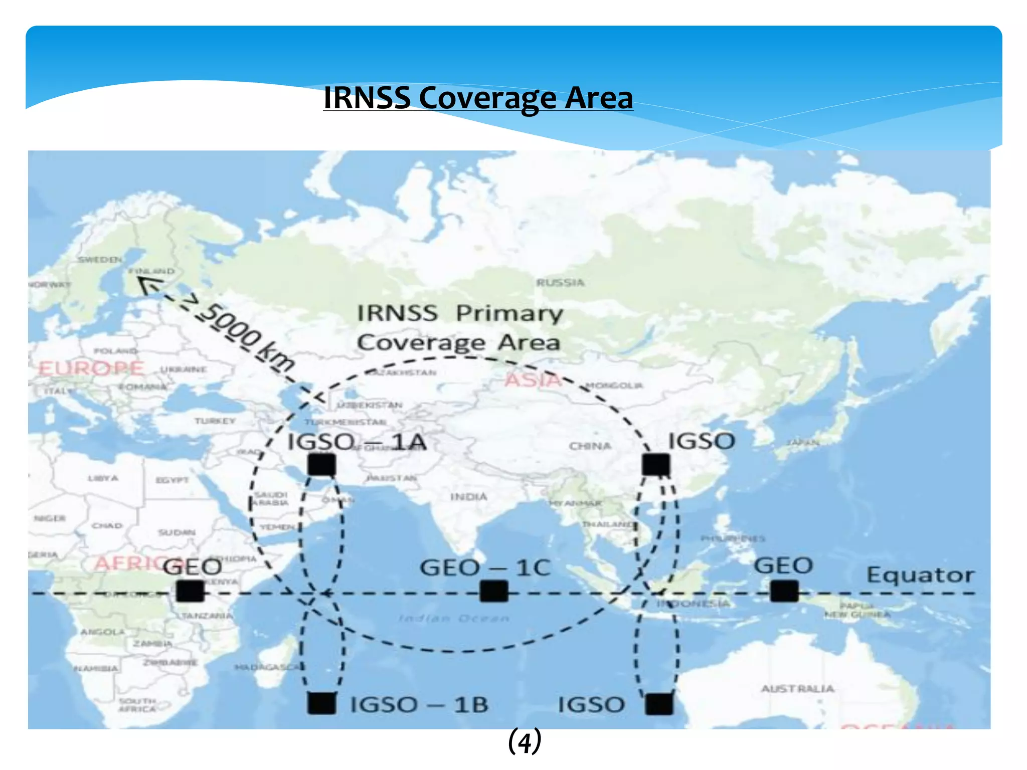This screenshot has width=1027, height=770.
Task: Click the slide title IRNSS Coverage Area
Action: pyautogui.click(x=478, y=97)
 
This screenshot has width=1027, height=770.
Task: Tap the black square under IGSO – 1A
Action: pyautogui.click(x=321, y=465)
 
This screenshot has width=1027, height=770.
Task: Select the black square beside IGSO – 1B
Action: pyautogui.click(x=321, y=703)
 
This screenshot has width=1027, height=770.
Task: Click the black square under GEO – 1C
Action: pyautogui.click(x=494, y=591)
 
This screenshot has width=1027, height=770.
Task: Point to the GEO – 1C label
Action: pyautogui.click(x=485, y=568)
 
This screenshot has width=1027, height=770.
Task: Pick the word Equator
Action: pyautogui.click(x=921, y=574)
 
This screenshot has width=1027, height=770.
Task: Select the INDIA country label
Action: pyautogui.click(x=468, y=497)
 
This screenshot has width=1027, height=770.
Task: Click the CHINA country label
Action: pyautogui.click(x=590, y=446)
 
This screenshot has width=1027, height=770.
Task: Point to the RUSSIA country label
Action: pyautogui.click(x=560, y=283)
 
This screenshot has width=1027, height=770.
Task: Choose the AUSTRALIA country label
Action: pyautogui.click(x=797, y=689)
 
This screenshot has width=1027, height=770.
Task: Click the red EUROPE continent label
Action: pyautogui.click(x=91, y=368)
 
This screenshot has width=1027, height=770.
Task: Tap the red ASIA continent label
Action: pyautogui.click(x=533, y=380)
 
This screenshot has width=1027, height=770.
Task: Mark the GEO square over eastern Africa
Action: pyautogui.click(x=190, y=591)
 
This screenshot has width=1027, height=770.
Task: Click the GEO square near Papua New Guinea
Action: pyautogui.click(x=784, y=591)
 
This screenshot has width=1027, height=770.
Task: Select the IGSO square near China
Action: pyautogui.click(x=656, y=465)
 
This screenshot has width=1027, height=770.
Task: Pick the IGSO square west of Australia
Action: pyautogui.click(x=659, y=704)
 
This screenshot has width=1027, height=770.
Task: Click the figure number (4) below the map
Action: pyautogui.click(x=525, y=741)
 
